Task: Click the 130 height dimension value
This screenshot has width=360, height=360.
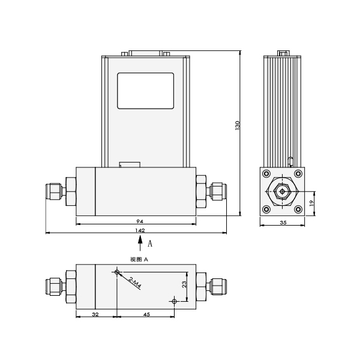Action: click(238, 125)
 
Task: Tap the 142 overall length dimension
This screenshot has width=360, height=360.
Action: click(139, 230)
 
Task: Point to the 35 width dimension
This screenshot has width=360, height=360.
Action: click(282, 222)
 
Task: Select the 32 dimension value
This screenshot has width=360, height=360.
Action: click(95, 313)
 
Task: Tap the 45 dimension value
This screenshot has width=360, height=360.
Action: click(146, 313)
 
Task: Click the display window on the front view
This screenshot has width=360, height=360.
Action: click(146, 91)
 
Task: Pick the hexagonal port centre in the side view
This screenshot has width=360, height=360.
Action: click(282, 192)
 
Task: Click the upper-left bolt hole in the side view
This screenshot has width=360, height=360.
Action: click(266, 175)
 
